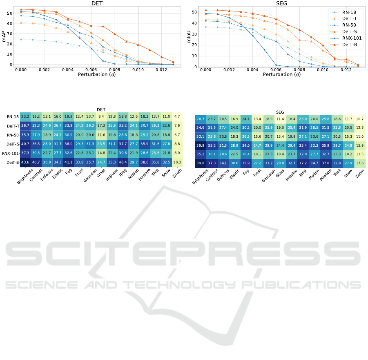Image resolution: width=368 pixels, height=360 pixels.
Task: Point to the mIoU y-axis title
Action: tap(189, 37)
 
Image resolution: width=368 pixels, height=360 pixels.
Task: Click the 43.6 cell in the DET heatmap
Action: tap(25, 162)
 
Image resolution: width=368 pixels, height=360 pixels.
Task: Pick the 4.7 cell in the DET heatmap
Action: tap(178, 116)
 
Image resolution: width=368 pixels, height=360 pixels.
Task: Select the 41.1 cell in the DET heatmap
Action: tap(80, 162)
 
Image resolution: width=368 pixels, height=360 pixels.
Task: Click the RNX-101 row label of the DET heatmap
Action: tap(11, 153)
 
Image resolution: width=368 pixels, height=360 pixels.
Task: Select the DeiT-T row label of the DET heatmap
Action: tap(13, 126)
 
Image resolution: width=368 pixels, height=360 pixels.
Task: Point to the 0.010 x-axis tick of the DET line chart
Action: tap(138, 70)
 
